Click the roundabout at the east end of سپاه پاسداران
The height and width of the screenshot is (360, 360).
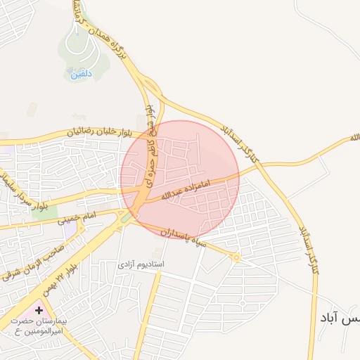tap(237, 257)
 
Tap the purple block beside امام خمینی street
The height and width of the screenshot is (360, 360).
tap(70, 228)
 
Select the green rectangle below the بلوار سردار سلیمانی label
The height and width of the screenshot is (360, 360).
tap(44, 212)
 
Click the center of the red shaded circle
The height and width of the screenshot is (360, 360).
tap(180, 179)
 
